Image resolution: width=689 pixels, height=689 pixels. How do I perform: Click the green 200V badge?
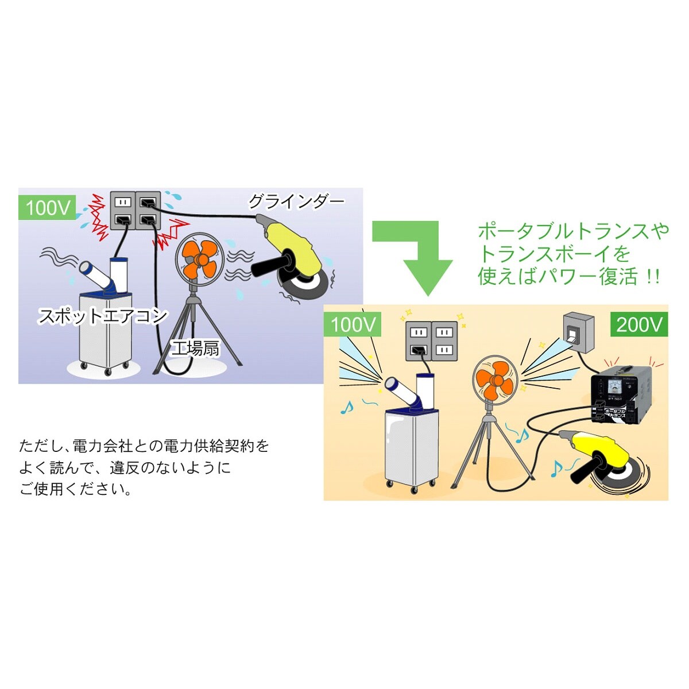coord(638,325)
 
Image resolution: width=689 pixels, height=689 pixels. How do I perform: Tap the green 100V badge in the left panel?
coord(48,208)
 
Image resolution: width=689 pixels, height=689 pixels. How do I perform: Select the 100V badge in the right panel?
coord(353,325)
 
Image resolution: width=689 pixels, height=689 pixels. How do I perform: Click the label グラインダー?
coord(296,202)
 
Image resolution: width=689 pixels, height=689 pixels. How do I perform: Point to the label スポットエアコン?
coord(103,316)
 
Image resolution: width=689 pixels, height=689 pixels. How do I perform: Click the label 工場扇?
coord(196,348)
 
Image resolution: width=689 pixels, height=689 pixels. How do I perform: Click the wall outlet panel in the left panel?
coord(135,211)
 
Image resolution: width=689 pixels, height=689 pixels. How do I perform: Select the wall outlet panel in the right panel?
coord(431,340)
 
